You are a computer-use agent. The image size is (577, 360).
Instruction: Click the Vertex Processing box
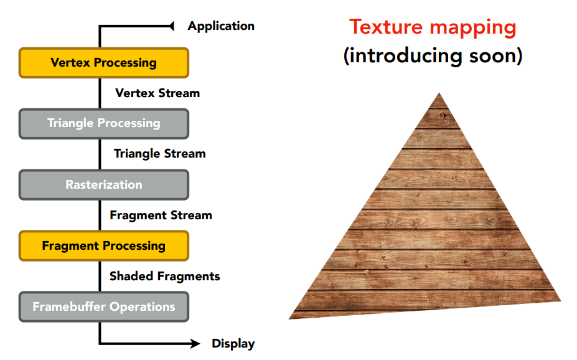103,63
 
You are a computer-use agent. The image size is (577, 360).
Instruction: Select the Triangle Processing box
103,123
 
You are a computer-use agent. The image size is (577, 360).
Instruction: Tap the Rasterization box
103,184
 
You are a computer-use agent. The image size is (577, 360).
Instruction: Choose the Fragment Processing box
103,245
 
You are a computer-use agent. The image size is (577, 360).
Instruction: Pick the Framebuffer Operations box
103,306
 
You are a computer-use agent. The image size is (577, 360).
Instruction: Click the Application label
221,26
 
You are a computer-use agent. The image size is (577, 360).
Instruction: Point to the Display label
233,344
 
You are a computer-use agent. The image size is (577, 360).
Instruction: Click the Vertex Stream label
157,93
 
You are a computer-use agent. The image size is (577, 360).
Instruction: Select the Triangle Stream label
159,154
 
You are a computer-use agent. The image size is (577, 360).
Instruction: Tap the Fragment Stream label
161,216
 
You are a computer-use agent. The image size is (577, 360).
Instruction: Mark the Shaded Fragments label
164,276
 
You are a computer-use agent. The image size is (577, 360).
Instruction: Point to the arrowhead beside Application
171,26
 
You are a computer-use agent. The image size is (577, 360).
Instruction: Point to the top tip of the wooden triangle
439,95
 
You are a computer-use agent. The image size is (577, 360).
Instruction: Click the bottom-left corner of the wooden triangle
291,318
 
